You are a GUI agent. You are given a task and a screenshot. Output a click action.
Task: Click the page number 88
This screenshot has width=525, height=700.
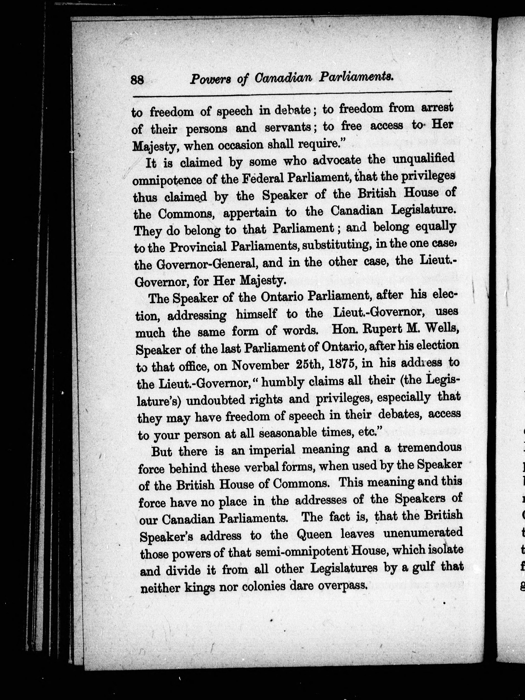click(137, 79)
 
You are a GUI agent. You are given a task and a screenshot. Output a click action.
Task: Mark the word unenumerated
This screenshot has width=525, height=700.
click(423, 533)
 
